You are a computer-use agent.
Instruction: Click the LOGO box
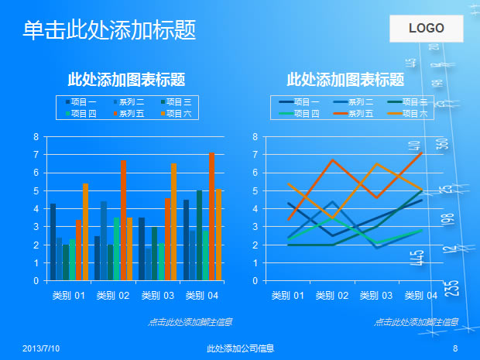click(x=426, y=29)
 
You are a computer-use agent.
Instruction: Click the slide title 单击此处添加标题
click(x=109, y=30)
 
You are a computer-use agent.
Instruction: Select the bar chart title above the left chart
click(x=126, y=80)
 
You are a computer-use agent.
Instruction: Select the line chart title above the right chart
click(x=345, y=80)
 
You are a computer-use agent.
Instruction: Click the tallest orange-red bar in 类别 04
click(x=211, y=217)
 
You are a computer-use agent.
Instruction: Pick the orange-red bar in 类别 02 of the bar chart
click(x=123, y=221)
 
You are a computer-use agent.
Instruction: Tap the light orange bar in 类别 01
click(x=85, y=232)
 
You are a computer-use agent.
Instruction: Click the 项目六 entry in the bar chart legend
click(x=177, y=114)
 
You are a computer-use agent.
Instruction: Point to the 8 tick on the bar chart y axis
click(x=36, y=137)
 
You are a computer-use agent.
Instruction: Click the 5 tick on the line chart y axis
click(x=255, y=191)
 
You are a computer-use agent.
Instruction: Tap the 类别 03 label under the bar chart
click(x=157, y=296)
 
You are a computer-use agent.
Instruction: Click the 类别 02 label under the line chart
click(x=332, y=296)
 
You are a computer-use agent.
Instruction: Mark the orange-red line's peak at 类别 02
click(x=332, y=160)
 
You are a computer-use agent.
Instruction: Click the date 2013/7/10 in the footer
click(x=41, y=349)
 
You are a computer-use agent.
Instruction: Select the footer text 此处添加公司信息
click(x=240, y=349)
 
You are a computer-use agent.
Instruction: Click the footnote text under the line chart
click(x=412, y=322)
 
